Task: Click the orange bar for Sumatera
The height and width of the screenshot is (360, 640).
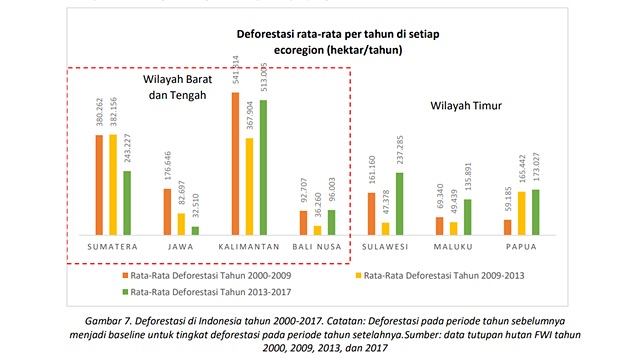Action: point(99,184)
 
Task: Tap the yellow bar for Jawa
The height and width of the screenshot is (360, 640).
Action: point(181,223)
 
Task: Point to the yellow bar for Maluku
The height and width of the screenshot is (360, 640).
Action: point(454,228)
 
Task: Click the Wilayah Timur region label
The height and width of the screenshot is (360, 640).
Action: point(466,105)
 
